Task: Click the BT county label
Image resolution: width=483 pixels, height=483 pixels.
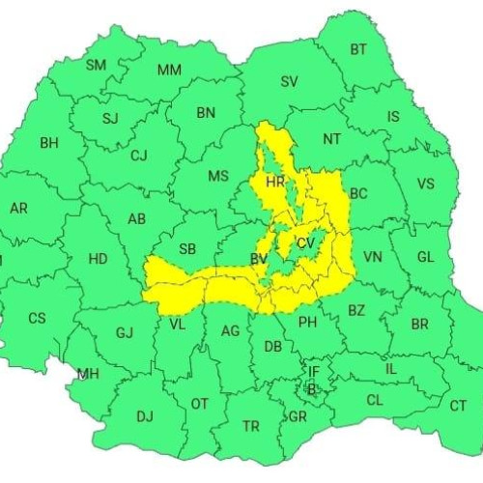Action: click(x=358, y=49)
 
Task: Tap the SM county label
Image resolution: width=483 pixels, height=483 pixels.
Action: click(x=97, y=66)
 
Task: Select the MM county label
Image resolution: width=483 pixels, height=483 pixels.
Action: click(x=170, y=71)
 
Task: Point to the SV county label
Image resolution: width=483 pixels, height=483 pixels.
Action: click(x=289, y=82)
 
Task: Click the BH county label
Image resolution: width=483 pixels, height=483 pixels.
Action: click(x=49, y=143)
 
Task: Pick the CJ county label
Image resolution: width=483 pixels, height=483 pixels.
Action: click(x=139, y=156)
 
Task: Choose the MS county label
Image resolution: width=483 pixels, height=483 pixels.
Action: click(x=219, y=176)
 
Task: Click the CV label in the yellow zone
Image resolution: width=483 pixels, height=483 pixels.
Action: click(x=306, y=242)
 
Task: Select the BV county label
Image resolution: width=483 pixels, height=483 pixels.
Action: click(x=259, y=259)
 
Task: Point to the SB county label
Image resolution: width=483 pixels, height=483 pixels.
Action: click(x=187, y=249)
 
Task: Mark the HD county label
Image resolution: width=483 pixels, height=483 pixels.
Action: click(x=98, y=259)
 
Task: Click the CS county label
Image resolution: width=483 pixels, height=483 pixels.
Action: click(x=37, y=318)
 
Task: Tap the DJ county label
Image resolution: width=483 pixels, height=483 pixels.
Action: click(x=145, y=416)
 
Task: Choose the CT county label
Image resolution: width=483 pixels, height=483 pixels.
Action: click(x=458, y=406)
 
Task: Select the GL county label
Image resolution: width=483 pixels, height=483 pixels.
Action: click(x=426, y=257)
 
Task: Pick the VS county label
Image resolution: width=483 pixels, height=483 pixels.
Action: click(x=425, y=185)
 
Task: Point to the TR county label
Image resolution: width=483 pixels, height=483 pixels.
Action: click(x=251, y=426)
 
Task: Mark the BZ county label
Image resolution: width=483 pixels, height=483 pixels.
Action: click(x=356, y=310)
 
